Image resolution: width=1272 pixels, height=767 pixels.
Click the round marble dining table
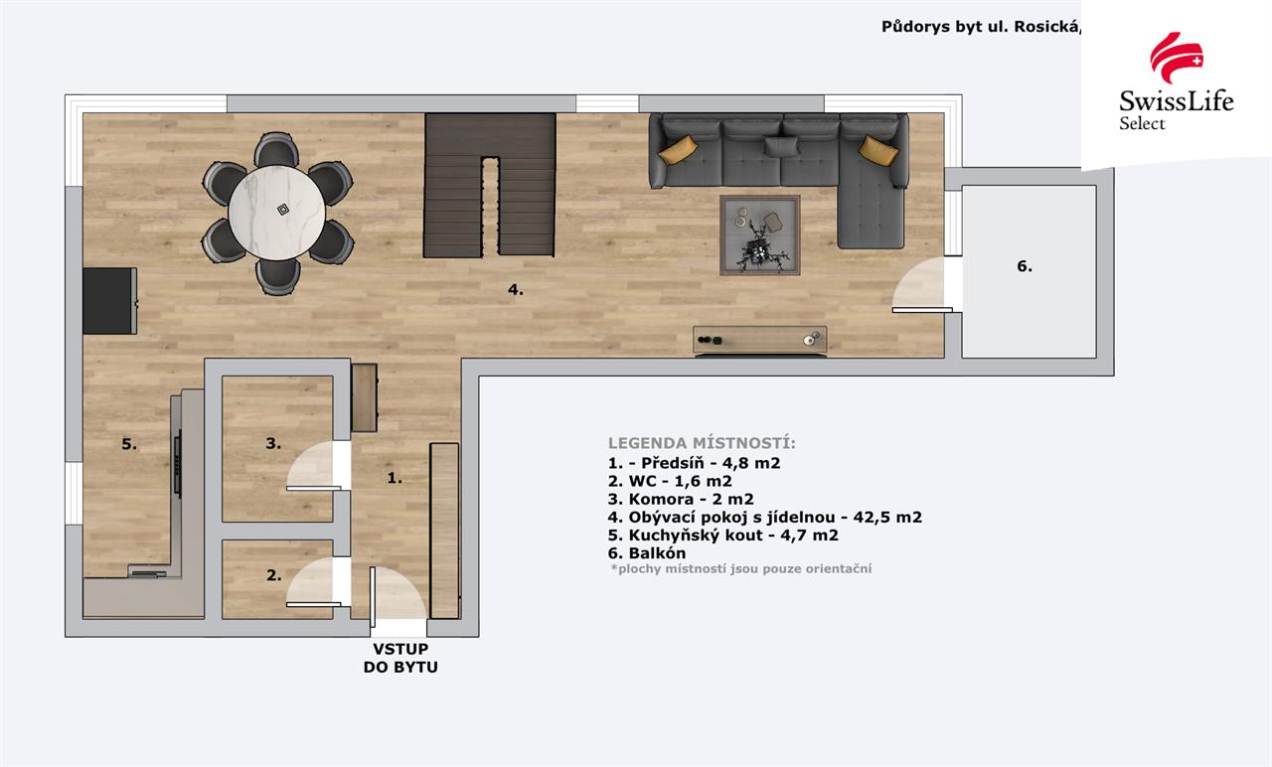click(x=276, y=213)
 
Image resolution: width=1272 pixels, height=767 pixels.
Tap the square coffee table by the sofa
click(x=760, y=235)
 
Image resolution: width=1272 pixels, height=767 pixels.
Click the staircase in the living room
click(x=489, y=185)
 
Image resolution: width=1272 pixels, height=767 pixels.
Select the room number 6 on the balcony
click(x=1025, y=265)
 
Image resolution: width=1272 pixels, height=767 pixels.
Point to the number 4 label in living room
click(x=515, y=289)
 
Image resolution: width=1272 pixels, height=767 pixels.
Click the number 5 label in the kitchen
click(x=129, y=444)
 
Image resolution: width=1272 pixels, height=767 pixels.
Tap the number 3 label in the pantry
click(x=273, y=443)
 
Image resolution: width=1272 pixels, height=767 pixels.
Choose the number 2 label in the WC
click(x=273, y=575)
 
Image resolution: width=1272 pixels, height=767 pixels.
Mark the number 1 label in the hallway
click(x=395, y=478)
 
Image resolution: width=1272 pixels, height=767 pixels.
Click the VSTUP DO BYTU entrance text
click(x=400, y=658)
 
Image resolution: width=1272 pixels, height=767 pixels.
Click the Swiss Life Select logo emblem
click(x=1176, y=58)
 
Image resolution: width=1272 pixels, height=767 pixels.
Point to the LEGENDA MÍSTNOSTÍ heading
click(x=702, y=443)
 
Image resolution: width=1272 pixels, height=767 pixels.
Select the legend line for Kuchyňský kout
click(x=722, y=535)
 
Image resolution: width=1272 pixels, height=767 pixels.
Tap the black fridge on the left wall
click(x=109, y=301)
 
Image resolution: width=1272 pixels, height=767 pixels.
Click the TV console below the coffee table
click(x=760, y=340)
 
